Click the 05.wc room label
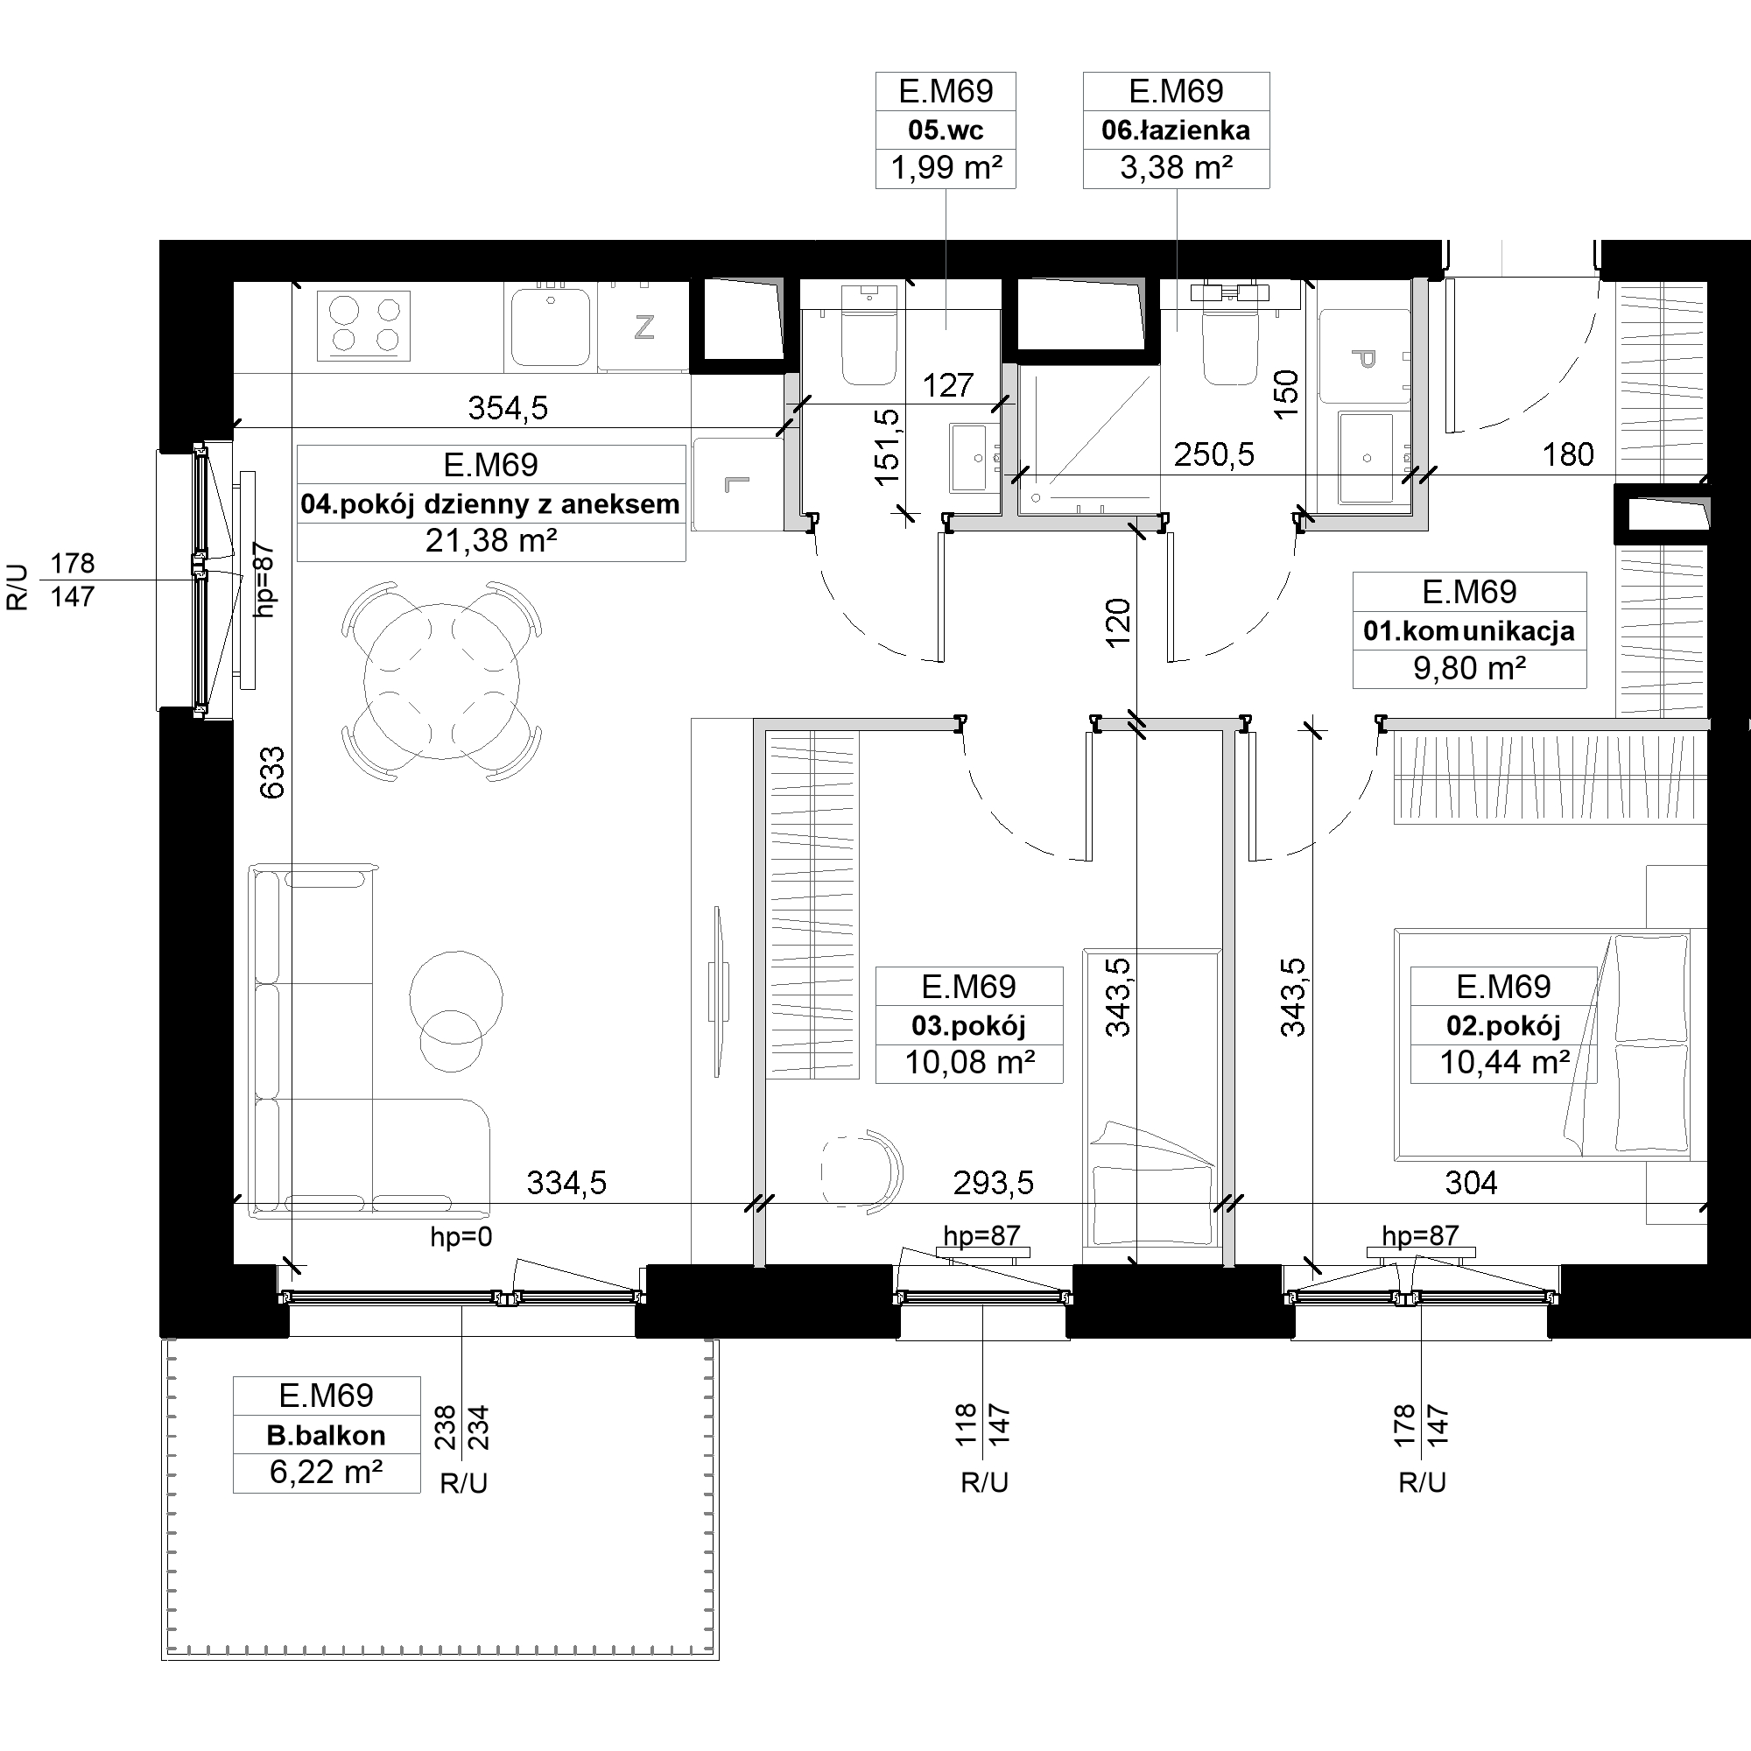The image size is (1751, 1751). [x=946, y=130]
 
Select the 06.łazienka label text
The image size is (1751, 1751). [x=1176, y=130]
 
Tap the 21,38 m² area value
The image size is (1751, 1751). [x=491, y=541]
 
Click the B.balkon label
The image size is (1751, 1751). [x=327, y=1435]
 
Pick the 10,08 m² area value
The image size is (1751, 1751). [x=970, y=1062]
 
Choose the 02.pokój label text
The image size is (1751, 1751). [x=1503, y=1026]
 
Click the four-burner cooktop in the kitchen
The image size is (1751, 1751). [x=363, y=326]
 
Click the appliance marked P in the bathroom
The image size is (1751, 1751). [x=1365, y=356]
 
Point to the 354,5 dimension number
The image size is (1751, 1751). [x=508, y=409]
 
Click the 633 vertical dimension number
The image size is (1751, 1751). [x=273, y=772]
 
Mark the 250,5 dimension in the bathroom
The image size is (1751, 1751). [x=1214, y=454]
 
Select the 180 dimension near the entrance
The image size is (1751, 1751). [x=1568, y=454]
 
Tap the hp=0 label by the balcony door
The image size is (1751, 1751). [x=461, y=1237]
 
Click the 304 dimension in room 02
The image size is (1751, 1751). [x=1471, y=1183]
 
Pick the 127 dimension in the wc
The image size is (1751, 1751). [x=948, y=386]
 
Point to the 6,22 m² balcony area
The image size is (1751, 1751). [x=327, y=1472]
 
